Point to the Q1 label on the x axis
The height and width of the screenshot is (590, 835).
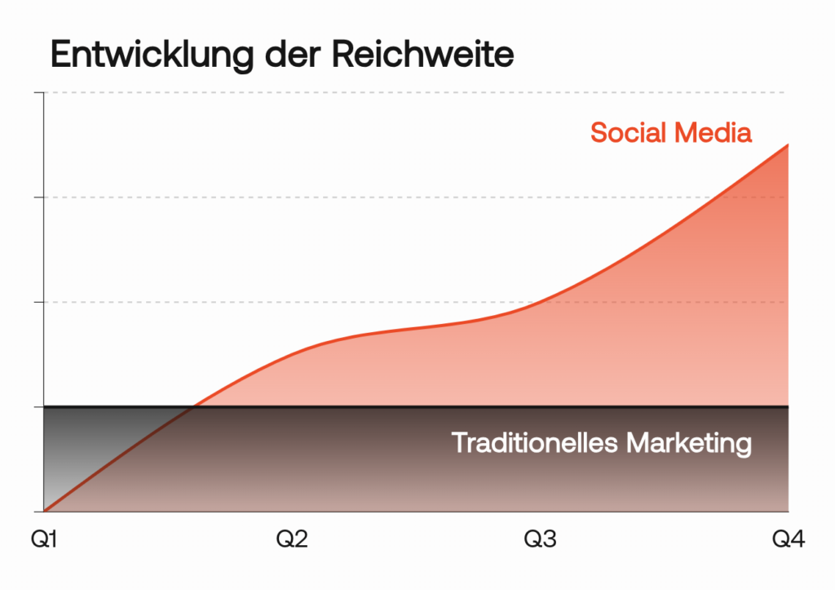point(44,539)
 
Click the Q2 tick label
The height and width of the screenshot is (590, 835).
point(292,539)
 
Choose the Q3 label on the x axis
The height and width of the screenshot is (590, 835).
point(540,539)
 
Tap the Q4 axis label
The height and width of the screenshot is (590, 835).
point(789,539)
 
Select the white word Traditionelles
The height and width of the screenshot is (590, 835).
point(535,443)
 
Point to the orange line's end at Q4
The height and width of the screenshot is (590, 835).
point(788,144)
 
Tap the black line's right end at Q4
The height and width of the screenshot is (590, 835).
point(788,406)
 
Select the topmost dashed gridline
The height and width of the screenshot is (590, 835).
point(408,93)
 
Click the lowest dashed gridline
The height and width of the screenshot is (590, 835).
point(408,302)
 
